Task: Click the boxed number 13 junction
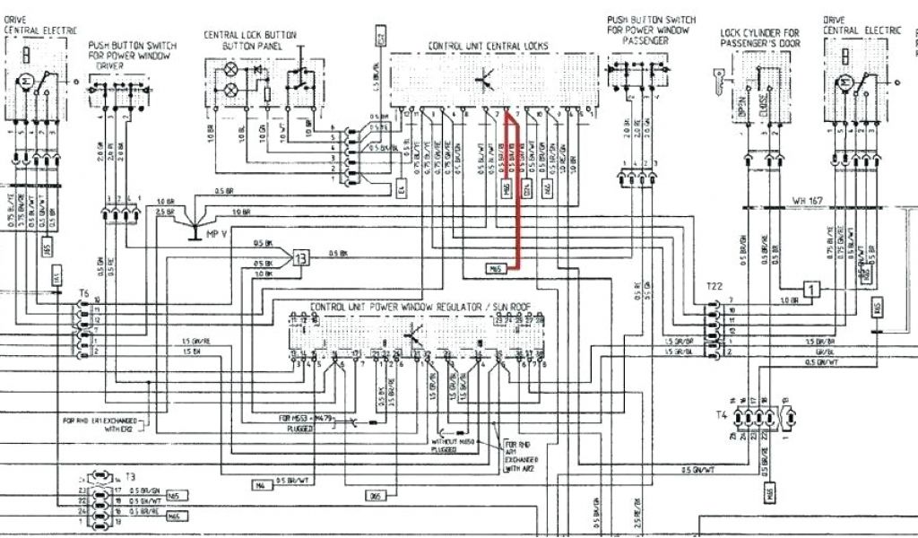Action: [x=301, y=259]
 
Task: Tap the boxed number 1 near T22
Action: [x=811, y=289]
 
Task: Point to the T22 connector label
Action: [x=714, y=286]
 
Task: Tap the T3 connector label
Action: [x=130, y=478]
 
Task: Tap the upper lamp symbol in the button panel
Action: [x=230, y=68]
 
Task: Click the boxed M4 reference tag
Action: [x=260, y=485]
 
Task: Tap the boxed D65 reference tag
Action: [x=376, y=495]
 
